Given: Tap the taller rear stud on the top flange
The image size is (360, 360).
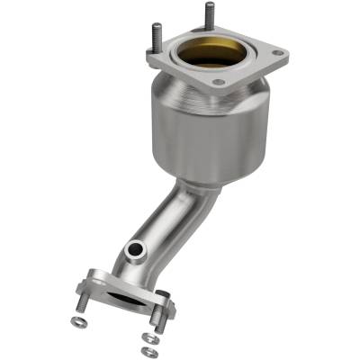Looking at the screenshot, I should pos(209,17).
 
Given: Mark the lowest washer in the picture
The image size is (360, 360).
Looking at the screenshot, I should pos(148,350).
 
